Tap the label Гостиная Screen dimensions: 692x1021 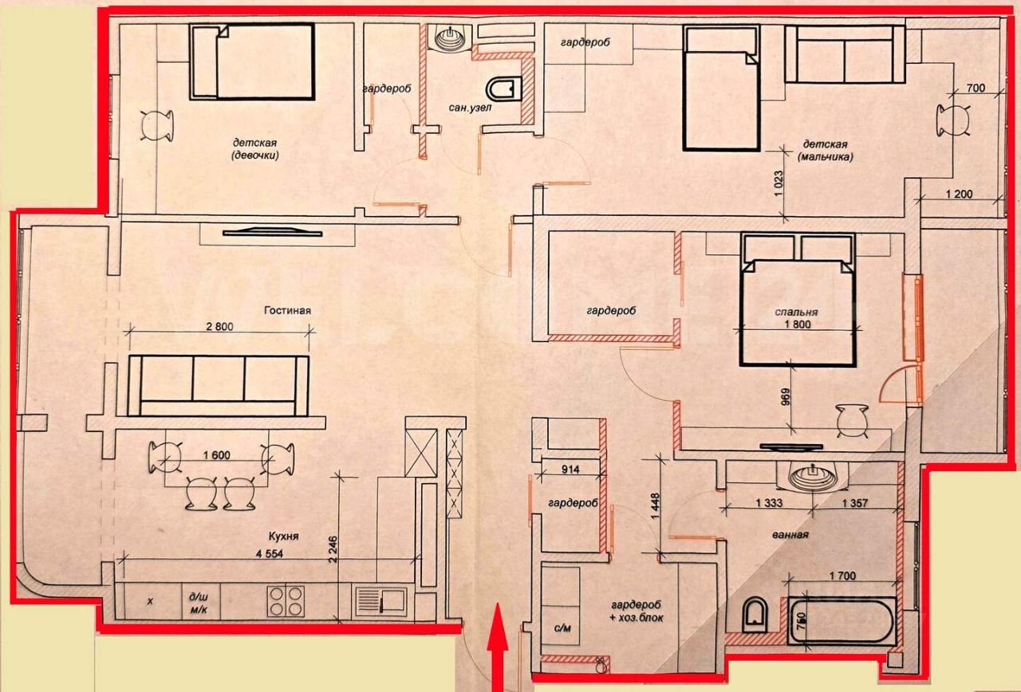pos(288,311)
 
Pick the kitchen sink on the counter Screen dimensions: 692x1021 pos(380,600)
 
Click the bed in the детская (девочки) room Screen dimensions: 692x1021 pos(253,61)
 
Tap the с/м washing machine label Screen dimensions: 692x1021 pos(562,628)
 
